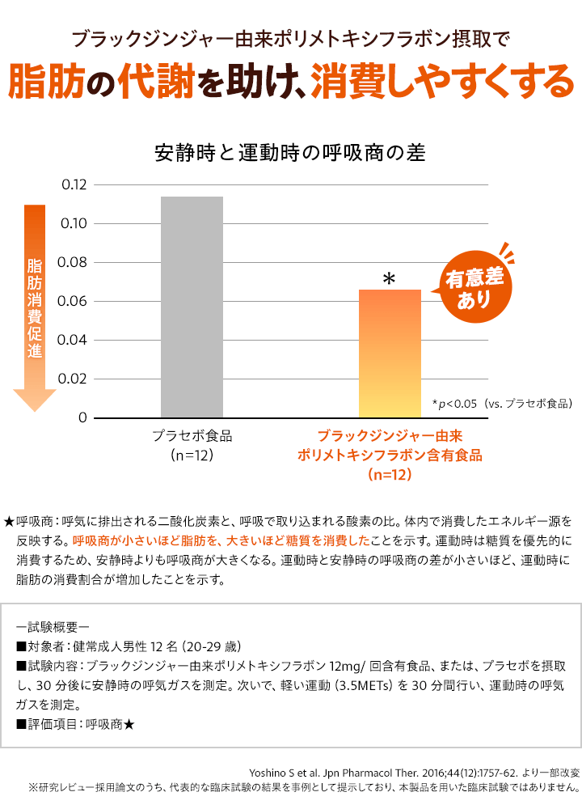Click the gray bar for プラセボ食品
tap(192, 307)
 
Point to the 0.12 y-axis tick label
tap(74, 185)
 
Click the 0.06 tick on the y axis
tap(74, 302)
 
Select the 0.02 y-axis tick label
tap(74, 379)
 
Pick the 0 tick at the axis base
tap(82, 418)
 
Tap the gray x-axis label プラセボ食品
tap(192, 436)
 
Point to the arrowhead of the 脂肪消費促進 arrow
tap(34, 400)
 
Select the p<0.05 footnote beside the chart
tap(502, 403)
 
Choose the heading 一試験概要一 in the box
tap(57, 626)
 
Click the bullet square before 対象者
tap(22, 646)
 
